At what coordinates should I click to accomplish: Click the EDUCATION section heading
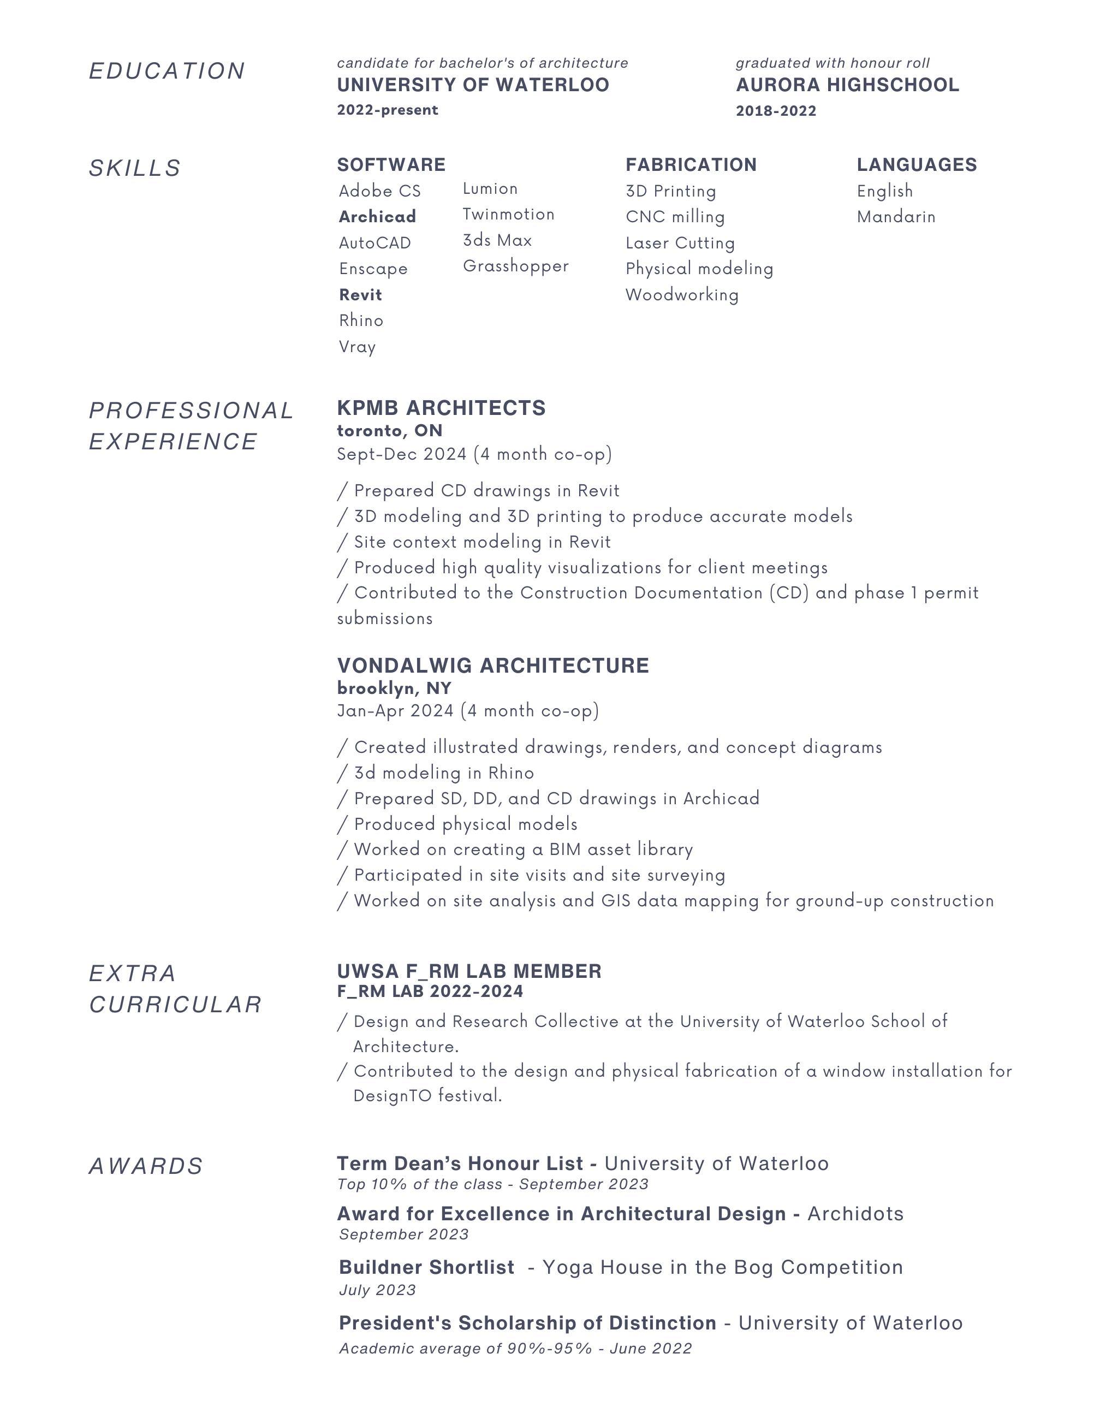point(167,71)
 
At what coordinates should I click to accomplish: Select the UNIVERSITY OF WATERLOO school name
point(473,85)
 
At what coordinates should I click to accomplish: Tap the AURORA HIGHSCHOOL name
point(847,85)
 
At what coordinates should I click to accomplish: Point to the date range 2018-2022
point(776,111)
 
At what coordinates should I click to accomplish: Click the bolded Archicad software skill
point(377,217)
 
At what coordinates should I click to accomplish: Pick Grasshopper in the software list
point(516,266)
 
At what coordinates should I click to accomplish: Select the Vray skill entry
point(357,347)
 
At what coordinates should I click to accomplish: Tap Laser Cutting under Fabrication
point(680,244)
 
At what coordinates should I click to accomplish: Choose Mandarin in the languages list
point(896,217)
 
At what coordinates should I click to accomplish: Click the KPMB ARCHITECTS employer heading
point(441,408)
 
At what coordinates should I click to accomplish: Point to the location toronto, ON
point(389,431)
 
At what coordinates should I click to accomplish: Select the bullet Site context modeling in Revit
point(481,542)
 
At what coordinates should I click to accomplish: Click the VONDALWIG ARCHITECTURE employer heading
point(493,666)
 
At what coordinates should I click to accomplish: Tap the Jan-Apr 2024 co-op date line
point(468,711)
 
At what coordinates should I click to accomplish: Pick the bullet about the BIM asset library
point(523,850)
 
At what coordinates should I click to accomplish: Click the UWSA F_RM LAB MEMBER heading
point(469,971)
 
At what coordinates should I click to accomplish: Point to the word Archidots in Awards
point(855,1214)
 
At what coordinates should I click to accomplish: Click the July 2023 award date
point(377,1290)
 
